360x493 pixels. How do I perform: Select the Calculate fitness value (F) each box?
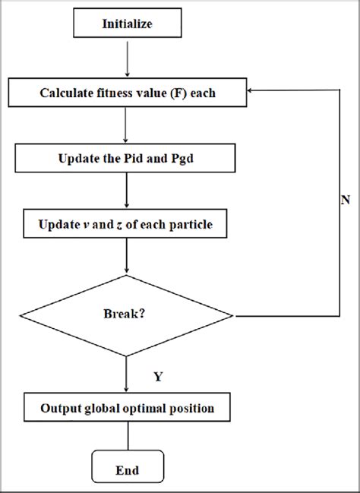tap(127, 93)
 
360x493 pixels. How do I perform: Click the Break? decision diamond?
tap(127, 313)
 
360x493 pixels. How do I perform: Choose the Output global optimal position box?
tap(127, 409)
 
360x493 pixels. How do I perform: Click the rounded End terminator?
tap(127, 471)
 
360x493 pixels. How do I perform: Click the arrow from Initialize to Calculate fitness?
tap(127, 59)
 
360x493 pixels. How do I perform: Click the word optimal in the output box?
tap(160, 409)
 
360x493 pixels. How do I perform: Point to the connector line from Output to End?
tap(127, 438)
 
